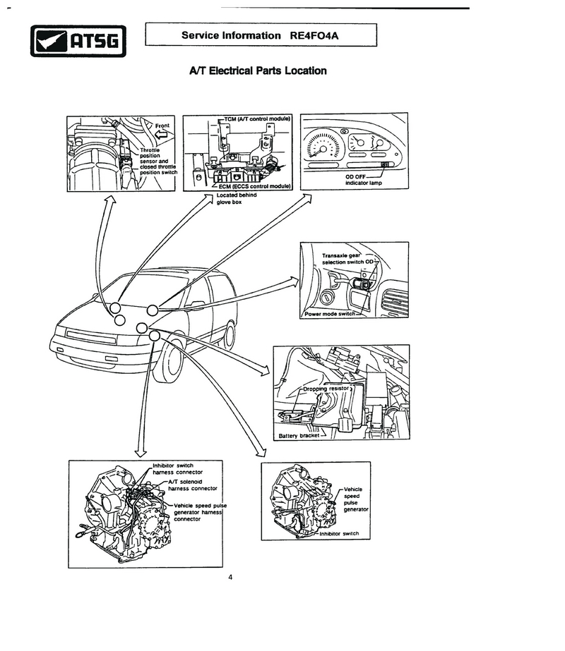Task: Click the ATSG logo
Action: (78, 41)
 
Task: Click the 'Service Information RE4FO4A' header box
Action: (261, 35)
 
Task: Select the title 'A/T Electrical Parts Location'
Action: (258, 71)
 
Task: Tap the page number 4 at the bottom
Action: (230, 577)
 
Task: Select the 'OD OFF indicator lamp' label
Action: (364, 180)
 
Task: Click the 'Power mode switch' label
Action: (331, 313)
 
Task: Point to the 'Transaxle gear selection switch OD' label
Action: (346, 259)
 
